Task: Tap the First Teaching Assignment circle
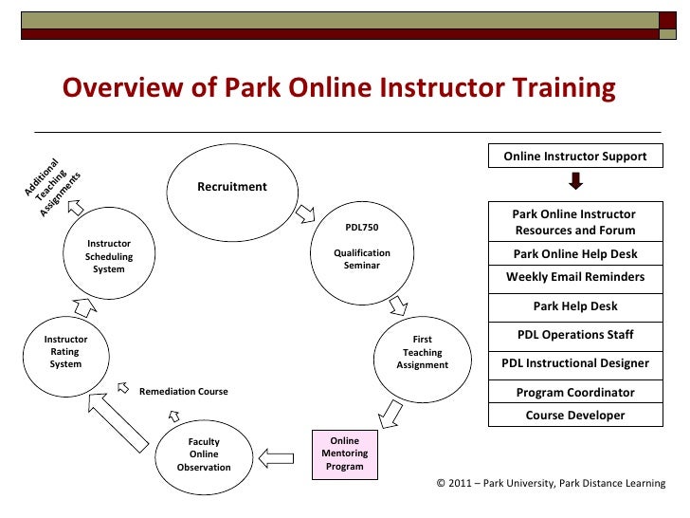[x=422, y=352]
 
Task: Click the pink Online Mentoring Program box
[x=344, y=453]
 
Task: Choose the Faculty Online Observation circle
[x=204, y=454]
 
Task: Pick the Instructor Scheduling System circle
[x=109, y=257]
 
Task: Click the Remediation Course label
[x=184, y=391]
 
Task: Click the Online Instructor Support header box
[x=575, y=157]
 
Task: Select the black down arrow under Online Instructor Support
[x=575, y=180]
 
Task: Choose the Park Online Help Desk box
[x=575, y=254]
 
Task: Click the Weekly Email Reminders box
[x=575, y=277]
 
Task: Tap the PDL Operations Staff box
[x=575, y=335]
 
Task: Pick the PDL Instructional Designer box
[x=575, y=363]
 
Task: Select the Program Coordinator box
[x=575, y=392]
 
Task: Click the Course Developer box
[x=575, y=415]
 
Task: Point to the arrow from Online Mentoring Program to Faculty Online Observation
[x=277, y=458]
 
